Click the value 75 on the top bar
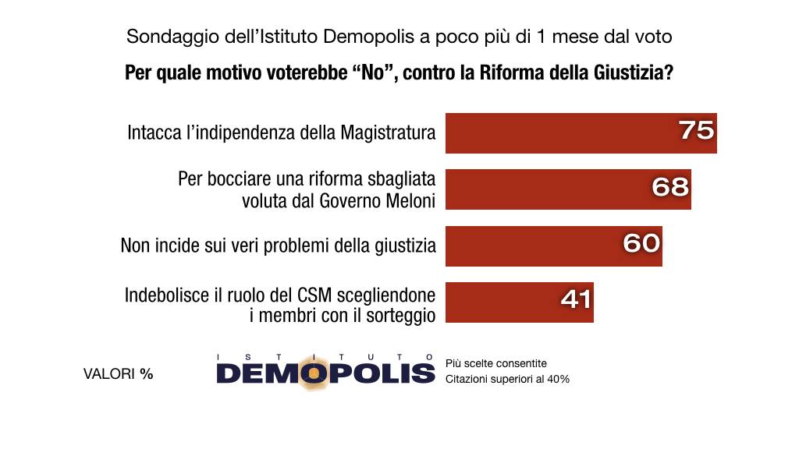pyautogui.click(x=696, y=130)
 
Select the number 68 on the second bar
pyautogui.click(x=670, y=186)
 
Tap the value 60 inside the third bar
pyautogui.click(x=641, y=243)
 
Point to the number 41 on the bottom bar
pyautogui.click(x=576, y=299)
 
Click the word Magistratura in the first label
pyautogui.click(x=388, y=133)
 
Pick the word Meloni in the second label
pyautogui.click(x=407, y=200)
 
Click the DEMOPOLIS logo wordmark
pyautogui.click(x=325, y=373)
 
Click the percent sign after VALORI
pyautogui.click(x=147, y=374)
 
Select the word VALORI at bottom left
pyautogui.click(x=109, y=374)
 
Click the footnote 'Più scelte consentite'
pyautogui.click(x=495, y=364)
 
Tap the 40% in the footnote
pyautogui.click(x=557, y=380)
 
